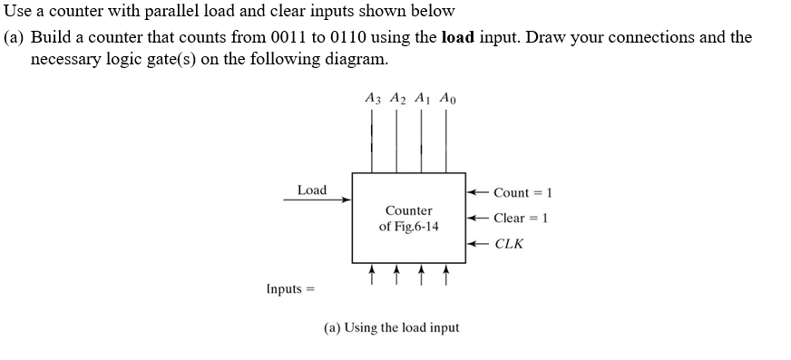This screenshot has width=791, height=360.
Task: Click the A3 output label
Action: pyautogui.click(x=372, y=97)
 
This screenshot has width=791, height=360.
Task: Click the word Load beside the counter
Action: pyautogui.click(x=311, y=190)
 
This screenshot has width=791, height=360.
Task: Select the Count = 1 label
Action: pyautogui.click(x=523, y=192)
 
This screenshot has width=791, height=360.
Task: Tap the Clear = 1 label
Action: pyautogui.click(x=522, y=218)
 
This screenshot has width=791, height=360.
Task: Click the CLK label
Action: pyautogui.click(x=509, y=243)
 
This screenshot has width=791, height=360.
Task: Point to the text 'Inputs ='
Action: pyautogui.click(x=288, y=288)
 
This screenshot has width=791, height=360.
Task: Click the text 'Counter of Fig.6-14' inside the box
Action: pyautogui.click(x=408, y=219)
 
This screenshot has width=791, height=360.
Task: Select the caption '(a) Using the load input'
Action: pyautogui.click(x=391, y=327)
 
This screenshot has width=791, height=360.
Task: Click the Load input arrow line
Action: pyautogui.click(x=317, y=200)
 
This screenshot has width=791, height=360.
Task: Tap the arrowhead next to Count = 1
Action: pyautogui.click(x=472, y=192)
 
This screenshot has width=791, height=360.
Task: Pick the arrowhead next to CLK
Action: pyautogui.click(x=472, y=243)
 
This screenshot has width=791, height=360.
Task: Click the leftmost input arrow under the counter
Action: pyautogui.click(x=372, y=273)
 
